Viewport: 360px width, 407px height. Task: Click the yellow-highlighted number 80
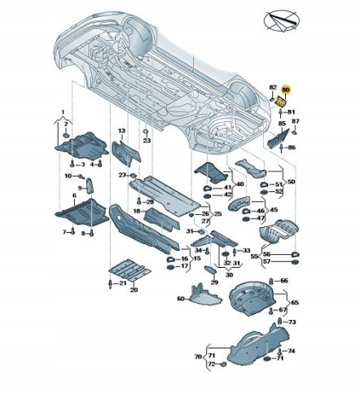[x=286, y=90]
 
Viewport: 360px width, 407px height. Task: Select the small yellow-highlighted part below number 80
[x=281, y=103]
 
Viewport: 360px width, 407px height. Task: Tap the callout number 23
[x=147, y=141]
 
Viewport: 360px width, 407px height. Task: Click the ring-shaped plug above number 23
[x=146, y=132]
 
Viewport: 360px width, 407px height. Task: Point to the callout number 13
[x=122, y=131]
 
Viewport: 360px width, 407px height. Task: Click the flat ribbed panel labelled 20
[x=130, y=270]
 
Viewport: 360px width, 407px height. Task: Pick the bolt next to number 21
[x=110, y=284]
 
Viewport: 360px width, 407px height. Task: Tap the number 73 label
[x=292, y=322]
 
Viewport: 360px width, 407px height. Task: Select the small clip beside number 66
[x=270, y=281]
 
